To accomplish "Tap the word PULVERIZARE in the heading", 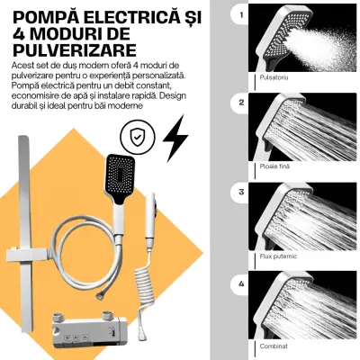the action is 75,49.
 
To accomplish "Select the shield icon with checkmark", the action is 138,138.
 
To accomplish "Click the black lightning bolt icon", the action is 175,139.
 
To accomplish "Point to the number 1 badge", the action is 242,14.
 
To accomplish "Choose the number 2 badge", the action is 242,103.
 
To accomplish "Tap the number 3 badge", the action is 242,192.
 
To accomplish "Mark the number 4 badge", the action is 242,283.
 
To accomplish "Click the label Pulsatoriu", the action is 274,77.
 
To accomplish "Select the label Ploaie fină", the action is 274,166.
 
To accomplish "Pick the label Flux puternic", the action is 278,256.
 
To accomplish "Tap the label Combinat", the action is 274,346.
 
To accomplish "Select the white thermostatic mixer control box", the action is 87,331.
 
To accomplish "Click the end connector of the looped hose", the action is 100,295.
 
